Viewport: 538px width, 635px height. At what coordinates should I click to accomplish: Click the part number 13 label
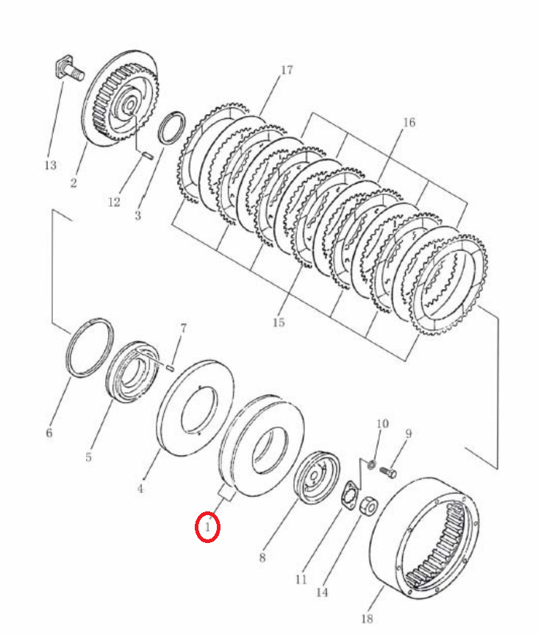click(51, 166)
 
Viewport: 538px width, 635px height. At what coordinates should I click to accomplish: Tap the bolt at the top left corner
click(69, 70)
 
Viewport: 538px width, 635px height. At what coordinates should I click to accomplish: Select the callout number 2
click(73, 182)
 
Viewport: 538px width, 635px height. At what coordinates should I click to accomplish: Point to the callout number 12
click(114, 202)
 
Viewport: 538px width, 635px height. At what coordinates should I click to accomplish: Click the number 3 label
click(138, 215)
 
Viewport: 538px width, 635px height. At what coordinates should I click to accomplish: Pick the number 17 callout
click(287, 70)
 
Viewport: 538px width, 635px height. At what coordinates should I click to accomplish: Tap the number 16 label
click(409, 122)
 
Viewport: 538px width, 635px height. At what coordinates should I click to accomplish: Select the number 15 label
click(279, 322)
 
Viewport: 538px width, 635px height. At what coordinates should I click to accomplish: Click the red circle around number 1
click(207, 526)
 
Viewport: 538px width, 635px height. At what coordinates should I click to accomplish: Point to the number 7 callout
click(183, 328)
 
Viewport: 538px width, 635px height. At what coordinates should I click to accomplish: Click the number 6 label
click(49, 433)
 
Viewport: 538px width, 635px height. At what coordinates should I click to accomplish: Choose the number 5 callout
click(89, 457)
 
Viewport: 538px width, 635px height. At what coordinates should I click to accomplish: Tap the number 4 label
click(140, 489)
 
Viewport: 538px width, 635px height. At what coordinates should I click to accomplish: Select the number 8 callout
click(262, 558)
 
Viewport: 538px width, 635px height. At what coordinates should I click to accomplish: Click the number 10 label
click(382, 424)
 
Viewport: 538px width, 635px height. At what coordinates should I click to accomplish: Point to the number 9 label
click(409, 433)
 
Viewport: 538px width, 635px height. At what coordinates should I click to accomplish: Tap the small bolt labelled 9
click(388, 472)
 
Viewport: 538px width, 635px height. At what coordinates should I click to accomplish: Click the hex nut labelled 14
click(368, 505)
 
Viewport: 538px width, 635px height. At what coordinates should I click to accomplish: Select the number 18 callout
click(367, 619)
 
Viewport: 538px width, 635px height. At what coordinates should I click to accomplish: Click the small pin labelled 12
click(148, 155)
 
